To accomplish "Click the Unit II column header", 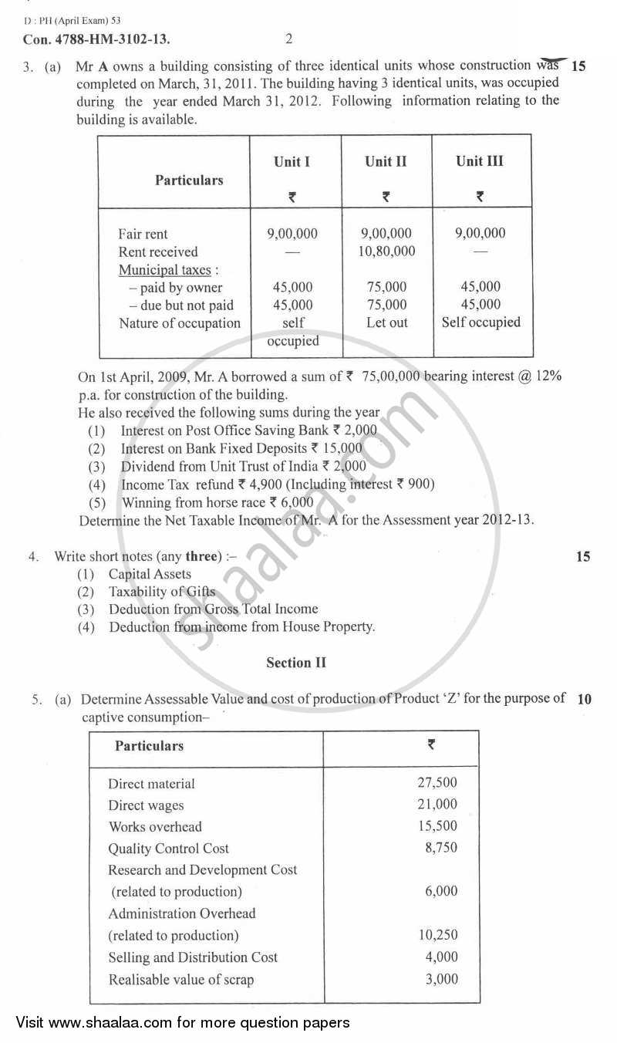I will tap(386, 161).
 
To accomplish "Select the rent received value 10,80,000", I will tap(387, 251).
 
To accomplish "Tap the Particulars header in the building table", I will tap(189, 180).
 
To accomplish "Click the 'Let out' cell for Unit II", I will tap(387, 322).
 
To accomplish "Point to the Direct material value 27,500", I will tap(437, 783).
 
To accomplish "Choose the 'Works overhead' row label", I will tap(155, 826).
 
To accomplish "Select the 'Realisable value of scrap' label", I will tap(181, 980).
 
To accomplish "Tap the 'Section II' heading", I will tap(296, 663).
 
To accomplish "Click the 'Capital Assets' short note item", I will tap(150, 574).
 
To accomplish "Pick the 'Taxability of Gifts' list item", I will tap(162, 592).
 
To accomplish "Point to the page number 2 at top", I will tap(288, 38).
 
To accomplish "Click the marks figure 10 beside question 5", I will tap(584, 700).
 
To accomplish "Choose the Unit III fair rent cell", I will tap(480, 233).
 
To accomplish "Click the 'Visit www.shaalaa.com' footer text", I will tap(183, 1023).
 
